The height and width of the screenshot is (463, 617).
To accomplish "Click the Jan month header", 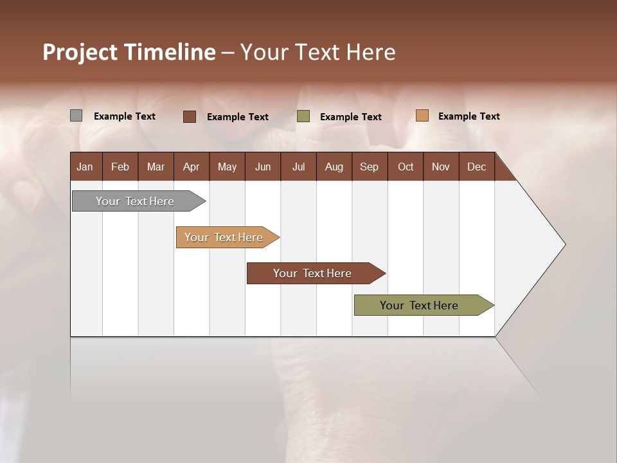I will pos(85,167).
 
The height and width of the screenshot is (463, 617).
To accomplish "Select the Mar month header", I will pos(156,167).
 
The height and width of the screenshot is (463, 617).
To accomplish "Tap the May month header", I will pos(227,167).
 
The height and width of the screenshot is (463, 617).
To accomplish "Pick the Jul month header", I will pos(298,167).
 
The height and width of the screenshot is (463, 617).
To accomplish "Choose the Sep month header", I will pos(369,167).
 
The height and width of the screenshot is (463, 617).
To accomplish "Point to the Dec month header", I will pos(476,167).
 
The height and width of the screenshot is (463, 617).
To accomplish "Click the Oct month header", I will pos(406,167).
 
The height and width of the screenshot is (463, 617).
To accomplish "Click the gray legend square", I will pos(76,116).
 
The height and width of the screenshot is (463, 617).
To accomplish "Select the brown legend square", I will pos(190,116).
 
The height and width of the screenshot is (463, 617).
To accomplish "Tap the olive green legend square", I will pos(303,116).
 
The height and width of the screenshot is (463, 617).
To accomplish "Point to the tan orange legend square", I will pos(422,116).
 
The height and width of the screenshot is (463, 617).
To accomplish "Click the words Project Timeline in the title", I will pos(129,52).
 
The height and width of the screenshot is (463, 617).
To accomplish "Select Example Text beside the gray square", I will pos(125,116).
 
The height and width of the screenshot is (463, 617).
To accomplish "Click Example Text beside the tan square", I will pos(469,116).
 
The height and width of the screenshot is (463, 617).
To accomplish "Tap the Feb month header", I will pos(120,167).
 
